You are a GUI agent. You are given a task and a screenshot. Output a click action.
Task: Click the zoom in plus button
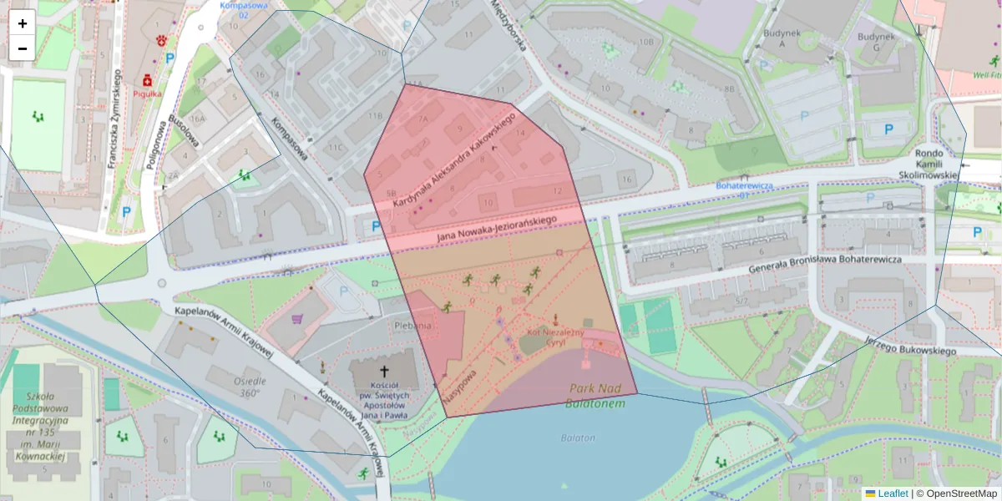click(x=23, y=23)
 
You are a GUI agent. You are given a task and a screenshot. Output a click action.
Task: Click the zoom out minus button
click(x=23, y=48)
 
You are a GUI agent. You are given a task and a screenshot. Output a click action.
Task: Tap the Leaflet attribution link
click(x=893, y=493)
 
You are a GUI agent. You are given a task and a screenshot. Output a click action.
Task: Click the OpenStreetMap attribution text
click(x=961, y=493)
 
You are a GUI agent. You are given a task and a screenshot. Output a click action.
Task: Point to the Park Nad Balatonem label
click(x=595, y=395)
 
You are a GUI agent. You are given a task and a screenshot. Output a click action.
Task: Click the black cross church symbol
click(x=385, y=370)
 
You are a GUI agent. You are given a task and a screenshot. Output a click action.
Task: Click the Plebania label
click(x=413, y=326)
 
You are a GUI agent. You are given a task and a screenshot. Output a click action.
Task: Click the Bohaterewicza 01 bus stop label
click(x=744, y=190)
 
